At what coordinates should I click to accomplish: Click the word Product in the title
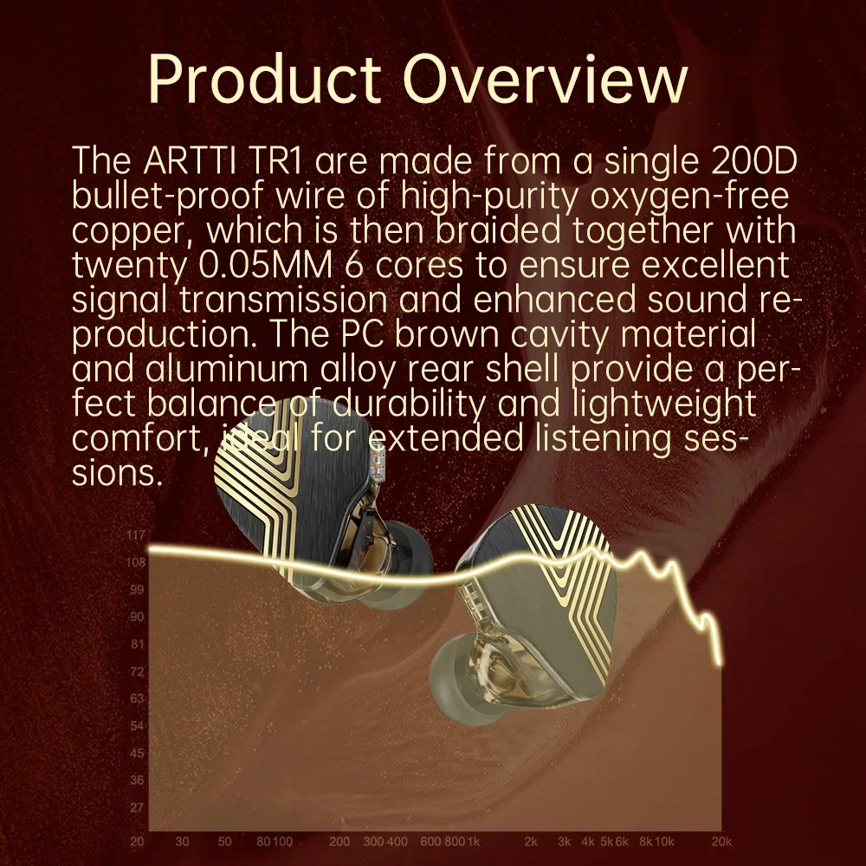point(264,80)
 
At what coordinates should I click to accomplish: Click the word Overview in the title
point(545,80)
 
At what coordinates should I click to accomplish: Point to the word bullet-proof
point(168,197)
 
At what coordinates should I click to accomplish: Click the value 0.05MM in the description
point(265,265)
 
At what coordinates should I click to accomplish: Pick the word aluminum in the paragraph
point(226,370)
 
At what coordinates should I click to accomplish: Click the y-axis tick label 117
point(136,534)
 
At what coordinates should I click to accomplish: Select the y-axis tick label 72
point(137,671)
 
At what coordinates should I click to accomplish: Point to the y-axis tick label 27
point(137,807)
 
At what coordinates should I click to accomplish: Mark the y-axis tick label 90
point(137,617)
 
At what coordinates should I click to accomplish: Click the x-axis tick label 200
point(339,841)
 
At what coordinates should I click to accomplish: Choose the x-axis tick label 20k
point(721,841)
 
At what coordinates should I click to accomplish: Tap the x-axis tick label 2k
point(531,841)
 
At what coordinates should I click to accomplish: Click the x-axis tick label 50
point(224,841)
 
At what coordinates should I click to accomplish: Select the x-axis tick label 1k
point(474,841)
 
